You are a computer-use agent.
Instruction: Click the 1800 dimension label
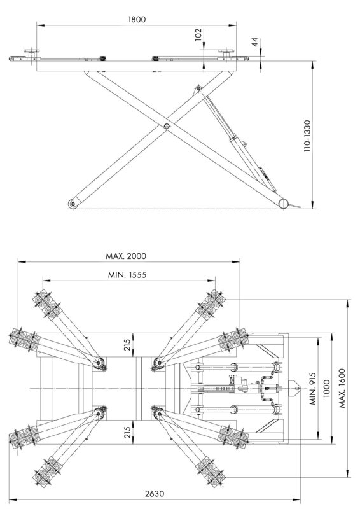[137, 19]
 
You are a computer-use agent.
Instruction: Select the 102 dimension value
[198, 35]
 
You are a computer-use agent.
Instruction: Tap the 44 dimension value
[255, 42]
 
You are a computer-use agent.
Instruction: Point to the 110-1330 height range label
[307, 136]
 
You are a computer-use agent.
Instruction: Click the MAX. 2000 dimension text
[126, 256]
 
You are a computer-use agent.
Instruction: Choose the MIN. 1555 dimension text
[127, 275]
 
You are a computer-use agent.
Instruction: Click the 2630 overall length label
[155, 494]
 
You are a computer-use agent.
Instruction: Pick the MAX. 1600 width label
[342, 388]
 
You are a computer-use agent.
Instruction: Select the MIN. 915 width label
[312, 389]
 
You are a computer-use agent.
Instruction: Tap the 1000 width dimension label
[326, 388]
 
